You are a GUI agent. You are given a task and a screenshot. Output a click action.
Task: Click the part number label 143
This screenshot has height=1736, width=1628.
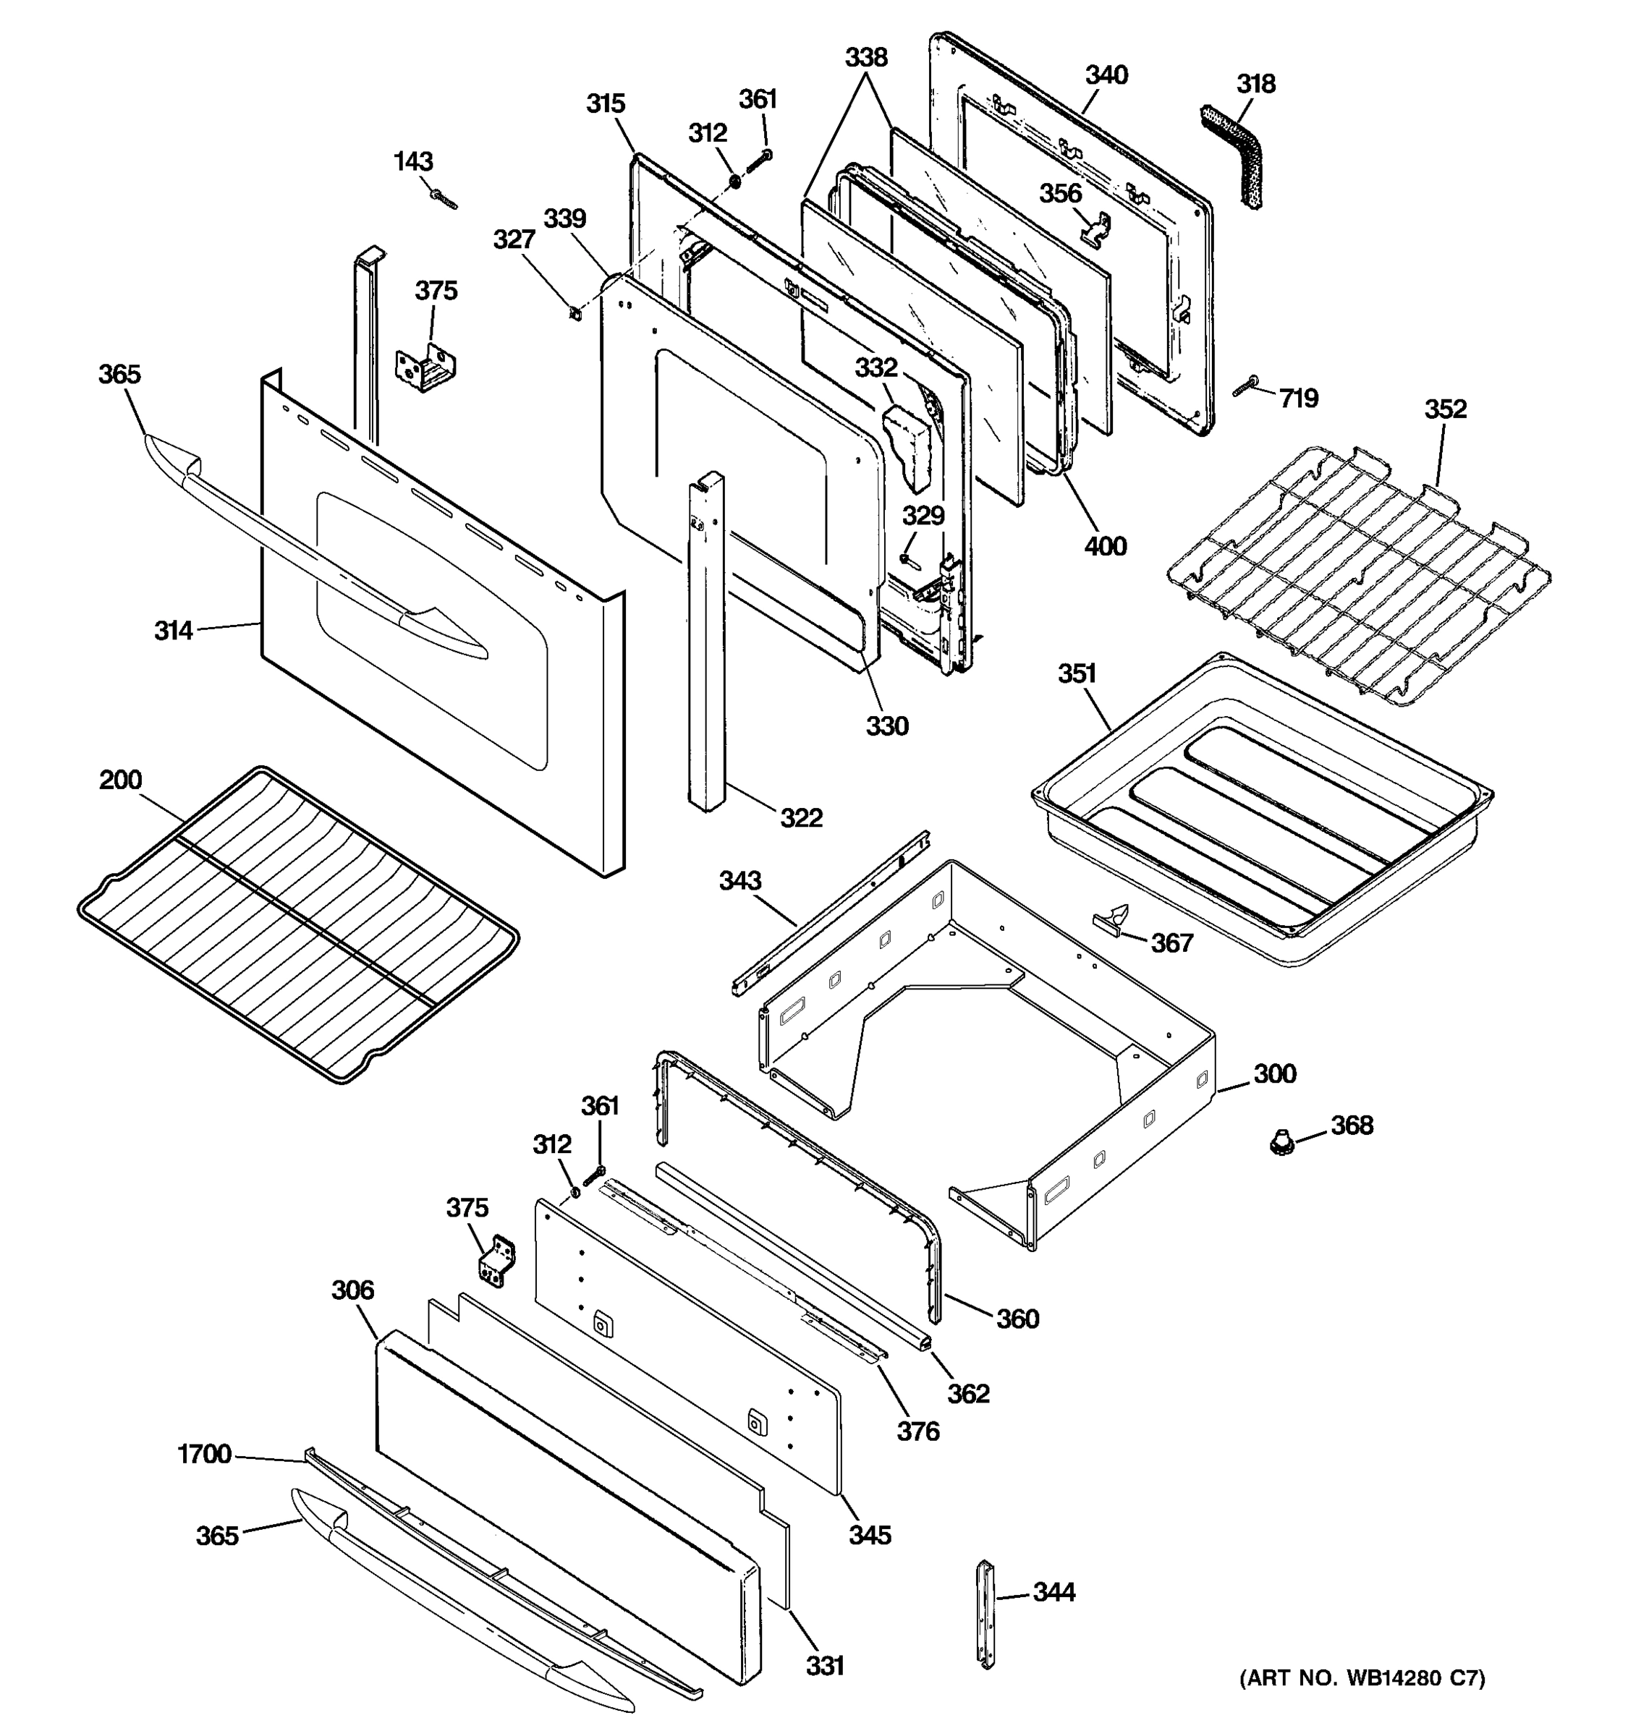pos(413,161)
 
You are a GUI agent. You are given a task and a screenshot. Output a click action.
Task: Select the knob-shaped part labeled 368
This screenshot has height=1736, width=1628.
pos(1281,1141)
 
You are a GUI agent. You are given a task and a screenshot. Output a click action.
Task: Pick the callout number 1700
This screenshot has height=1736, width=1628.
pos(204,1454)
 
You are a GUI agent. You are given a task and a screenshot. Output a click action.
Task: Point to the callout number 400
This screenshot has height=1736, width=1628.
pos(1105,546)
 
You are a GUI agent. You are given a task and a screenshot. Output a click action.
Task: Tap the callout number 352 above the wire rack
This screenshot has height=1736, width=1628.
pos(1446,409)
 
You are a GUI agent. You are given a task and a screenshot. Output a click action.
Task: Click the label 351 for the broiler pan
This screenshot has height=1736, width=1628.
pos(1077,673)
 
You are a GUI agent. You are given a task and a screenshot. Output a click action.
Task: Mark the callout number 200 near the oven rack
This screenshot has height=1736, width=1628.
pos(121,779)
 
